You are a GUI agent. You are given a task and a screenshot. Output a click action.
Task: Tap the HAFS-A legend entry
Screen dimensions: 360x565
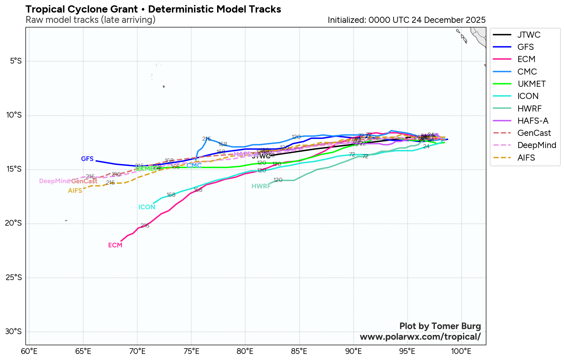pos(533,121)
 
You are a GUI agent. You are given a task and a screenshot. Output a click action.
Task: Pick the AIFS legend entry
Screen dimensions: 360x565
pos(526,158)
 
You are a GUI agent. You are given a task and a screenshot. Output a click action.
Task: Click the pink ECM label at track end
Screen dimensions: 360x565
pos(115,245)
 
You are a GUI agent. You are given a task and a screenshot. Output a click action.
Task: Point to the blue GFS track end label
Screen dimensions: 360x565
pos(87,159)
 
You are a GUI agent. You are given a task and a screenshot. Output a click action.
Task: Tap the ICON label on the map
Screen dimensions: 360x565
pos(147,207)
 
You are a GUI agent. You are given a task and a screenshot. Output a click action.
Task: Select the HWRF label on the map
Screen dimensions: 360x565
pos(261,186)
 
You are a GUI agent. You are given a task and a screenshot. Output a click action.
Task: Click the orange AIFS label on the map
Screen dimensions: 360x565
pos(75,191)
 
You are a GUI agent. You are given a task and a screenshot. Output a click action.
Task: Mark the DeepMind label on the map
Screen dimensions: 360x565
pos(54,181)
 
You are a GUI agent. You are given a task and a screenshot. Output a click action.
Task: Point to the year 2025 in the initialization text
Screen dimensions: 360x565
pos(476,20)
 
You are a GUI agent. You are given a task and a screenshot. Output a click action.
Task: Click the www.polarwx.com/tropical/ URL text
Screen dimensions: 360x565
pos(420,337)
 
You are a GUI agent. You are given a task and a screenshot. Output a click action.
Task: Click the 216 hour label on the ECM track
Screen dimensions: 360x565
pos(145,226)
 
